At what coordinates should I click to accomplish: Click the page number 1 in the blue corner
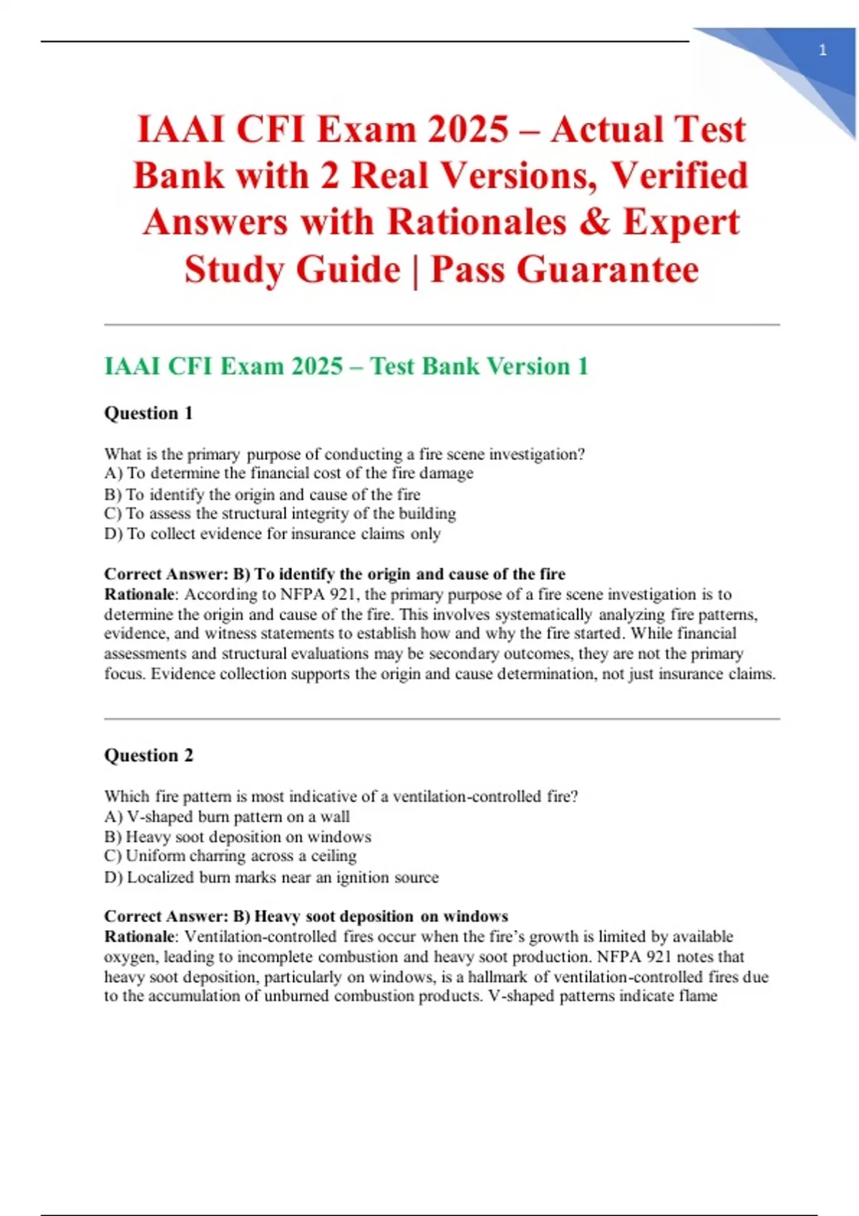(x=822, y=50)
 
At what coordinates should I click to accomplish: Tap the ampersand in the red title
(x=593, y=222)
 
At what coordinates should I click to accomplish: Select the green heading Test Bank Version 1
(x=346, y=366)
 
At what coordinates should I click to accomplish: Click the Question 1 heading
(x=149, y=413)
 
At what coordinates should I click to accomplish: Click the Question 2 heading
(x=149, y=755)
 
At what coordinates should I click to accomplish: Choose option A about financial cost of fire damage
(x=288, y=474)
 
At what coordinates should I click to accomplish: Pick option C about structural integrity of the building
(x=280, y=514)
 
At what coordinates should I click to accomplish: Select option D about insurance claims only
(x=272, y=534)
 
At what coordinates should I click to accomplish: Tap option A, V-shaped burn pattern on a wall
(x=227, y=817)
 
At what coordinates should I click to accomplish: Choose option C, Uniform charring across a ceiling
(x=230, y=856)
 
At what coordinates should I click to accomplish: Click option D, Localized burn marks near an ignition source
(x=271, y=877)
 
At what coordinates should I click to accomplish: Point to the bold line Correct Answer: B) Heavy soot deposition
(x=306, y=916)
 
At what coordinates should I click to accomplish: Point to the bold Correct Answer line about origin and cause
(x=335, y=574)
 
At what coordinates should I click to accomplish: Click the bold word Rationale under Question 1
(x=140, y=594)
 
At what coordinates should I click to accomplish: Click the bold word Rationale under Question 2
(x=140, y=936)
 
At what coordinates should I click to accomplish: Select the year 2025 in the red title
(x=468, y=130)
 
